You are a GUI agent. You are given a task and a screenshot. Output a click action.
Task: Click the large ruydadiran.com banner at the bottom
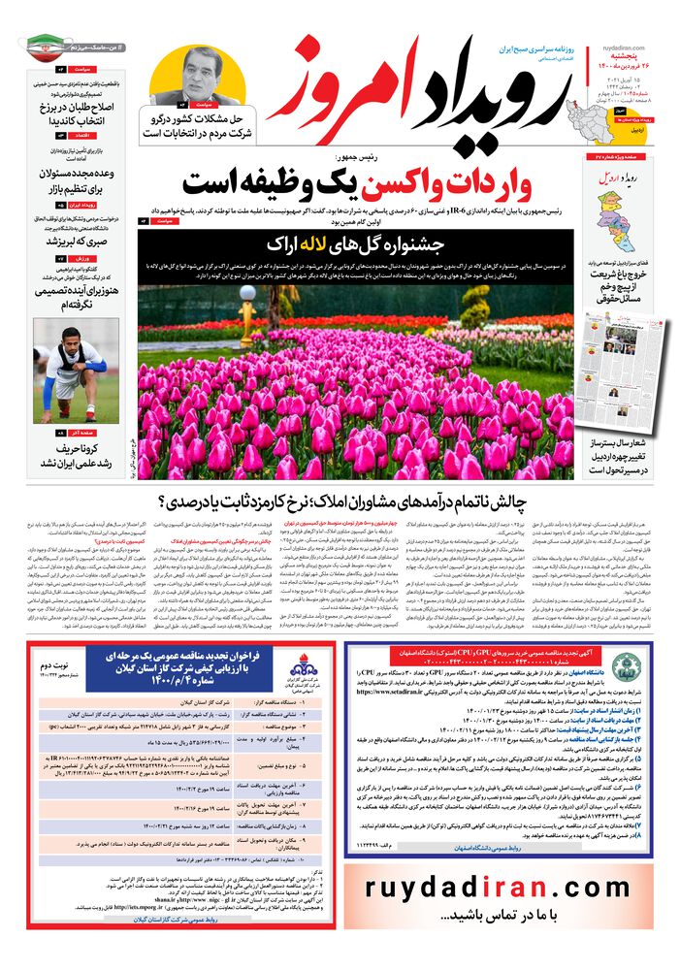click(499, 887)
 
